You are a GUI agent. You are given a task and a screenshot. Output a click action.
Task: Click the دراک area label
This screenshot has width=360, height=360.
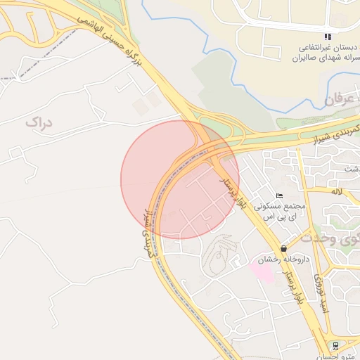[39, 122]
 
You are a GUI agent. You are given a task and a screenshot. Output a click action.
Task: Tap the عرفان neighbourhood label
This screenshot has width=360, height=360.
[341, 101]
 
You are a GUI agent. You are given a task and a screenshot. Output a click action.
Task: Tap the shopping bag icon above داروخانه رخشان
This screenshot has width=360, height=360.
[283, 248]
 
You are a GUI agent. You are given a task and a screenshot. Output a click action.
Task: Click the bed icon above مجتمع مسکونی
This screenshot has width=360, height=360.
[280, 196]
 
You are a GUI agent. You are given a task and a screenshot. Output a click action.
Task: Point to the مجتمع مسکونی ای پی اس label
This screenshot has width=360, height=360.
[281, 213]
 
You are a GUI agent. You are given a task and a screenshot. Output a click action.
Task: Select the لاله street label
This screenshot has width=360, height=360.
[337, 191]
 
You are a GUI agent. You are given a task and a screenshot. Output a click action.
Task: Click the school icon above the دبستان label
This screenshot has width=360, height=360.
[327, 37]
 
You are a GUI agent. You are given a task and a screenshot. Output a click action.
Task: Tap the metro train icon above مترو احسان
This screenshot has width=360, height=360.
[336, 345]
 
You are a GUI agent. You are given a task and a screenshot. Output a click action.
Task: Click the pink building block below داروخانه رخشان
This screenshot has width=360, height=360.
[262, 272]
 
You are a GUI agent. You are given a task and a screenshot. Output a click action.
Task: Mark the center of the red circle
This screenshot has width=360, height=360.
[180, 179]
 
